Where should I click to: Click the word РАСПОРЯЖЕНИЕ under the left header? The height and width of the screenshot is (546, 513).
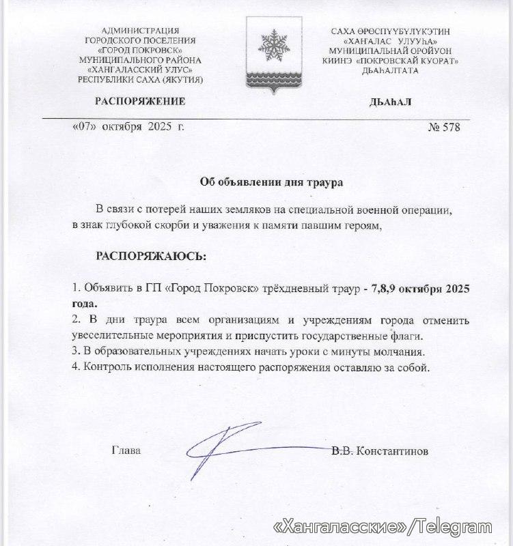tap(140, 102)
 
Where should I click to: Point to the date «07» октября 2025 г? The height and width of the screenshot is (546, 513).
tap(128, 127)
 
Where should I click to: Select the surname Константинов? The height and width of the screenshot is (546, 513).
tap(399, 451)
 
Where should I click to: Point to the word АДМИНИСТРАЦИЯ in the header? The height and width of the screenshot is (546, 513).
tap(141, 31)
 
